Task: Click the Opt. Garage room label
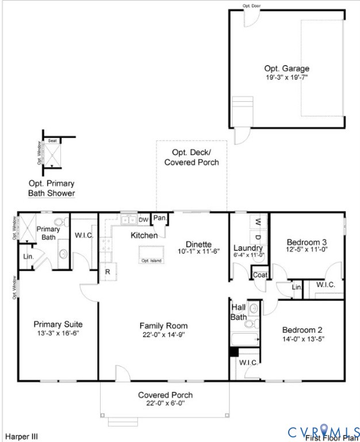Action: pos(286,68)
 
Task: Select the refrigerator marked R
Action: pos(107,272)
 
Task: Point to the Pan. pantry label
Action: pos(159,219)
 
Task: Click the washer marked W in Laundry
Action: pos(258,222)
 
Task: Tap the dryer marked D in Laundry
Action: pos(258,237)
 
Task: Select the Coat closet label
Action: pos(260,275)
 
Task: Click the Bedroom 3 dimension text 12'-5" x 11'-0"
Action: pos(307,249)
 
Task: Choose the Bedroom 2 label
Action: pos(302,330)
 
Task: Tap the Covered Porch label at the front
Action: pos(165,395)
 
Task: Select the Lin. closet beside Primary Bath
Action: pos(27,257)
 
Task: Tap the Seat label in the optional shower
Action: pos(52,140)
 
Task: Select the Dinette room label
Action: pos(198,243)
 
